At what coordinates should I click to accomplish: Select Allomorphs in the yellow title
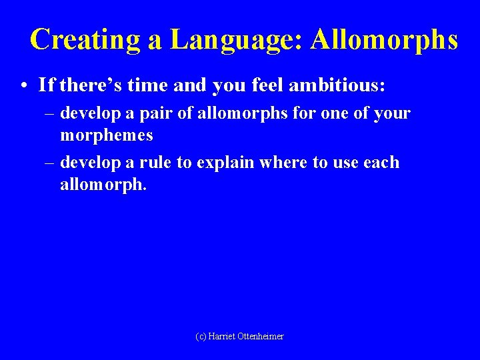(385, 40)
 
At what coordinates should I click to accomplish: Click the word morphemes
(107, 135)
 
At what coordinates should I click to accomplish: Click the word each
(381, 163)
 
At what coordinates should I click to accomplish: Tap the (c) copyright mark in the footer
(201, 337)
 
